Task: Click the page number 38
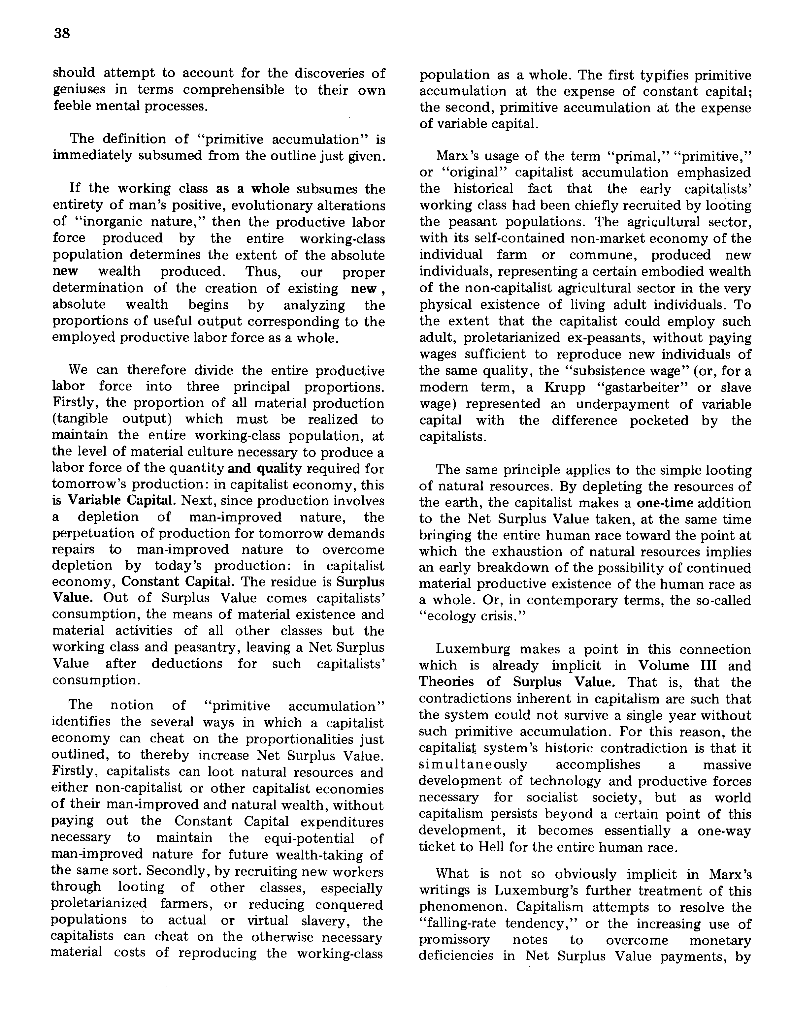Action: pos(62,33)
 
